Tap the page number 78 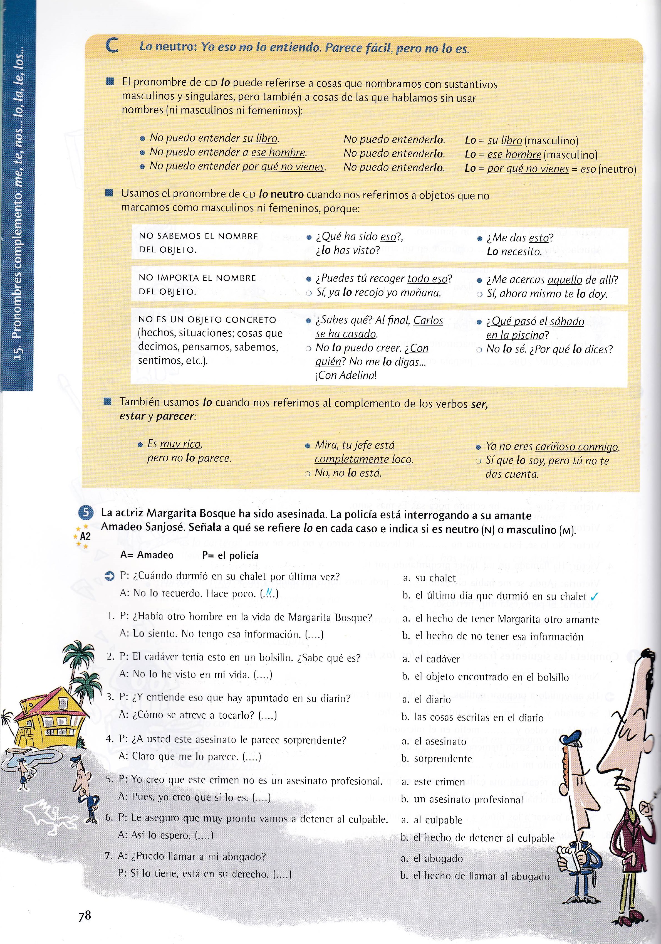click(x=85, y=915)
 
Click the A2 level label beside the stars click(x=85, y=536)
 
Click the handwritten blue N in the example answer click(x=269, y=592)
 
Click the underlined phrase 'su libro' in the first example click(x=260, y=138)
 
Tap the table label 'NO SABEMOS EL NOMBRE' click(x=198, y=236)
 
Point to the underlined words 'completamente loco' click(x=363, y=459)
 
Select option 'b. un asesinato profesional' click(x=462, y=800)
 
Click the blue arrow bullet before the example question click(x=110, y=577)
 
